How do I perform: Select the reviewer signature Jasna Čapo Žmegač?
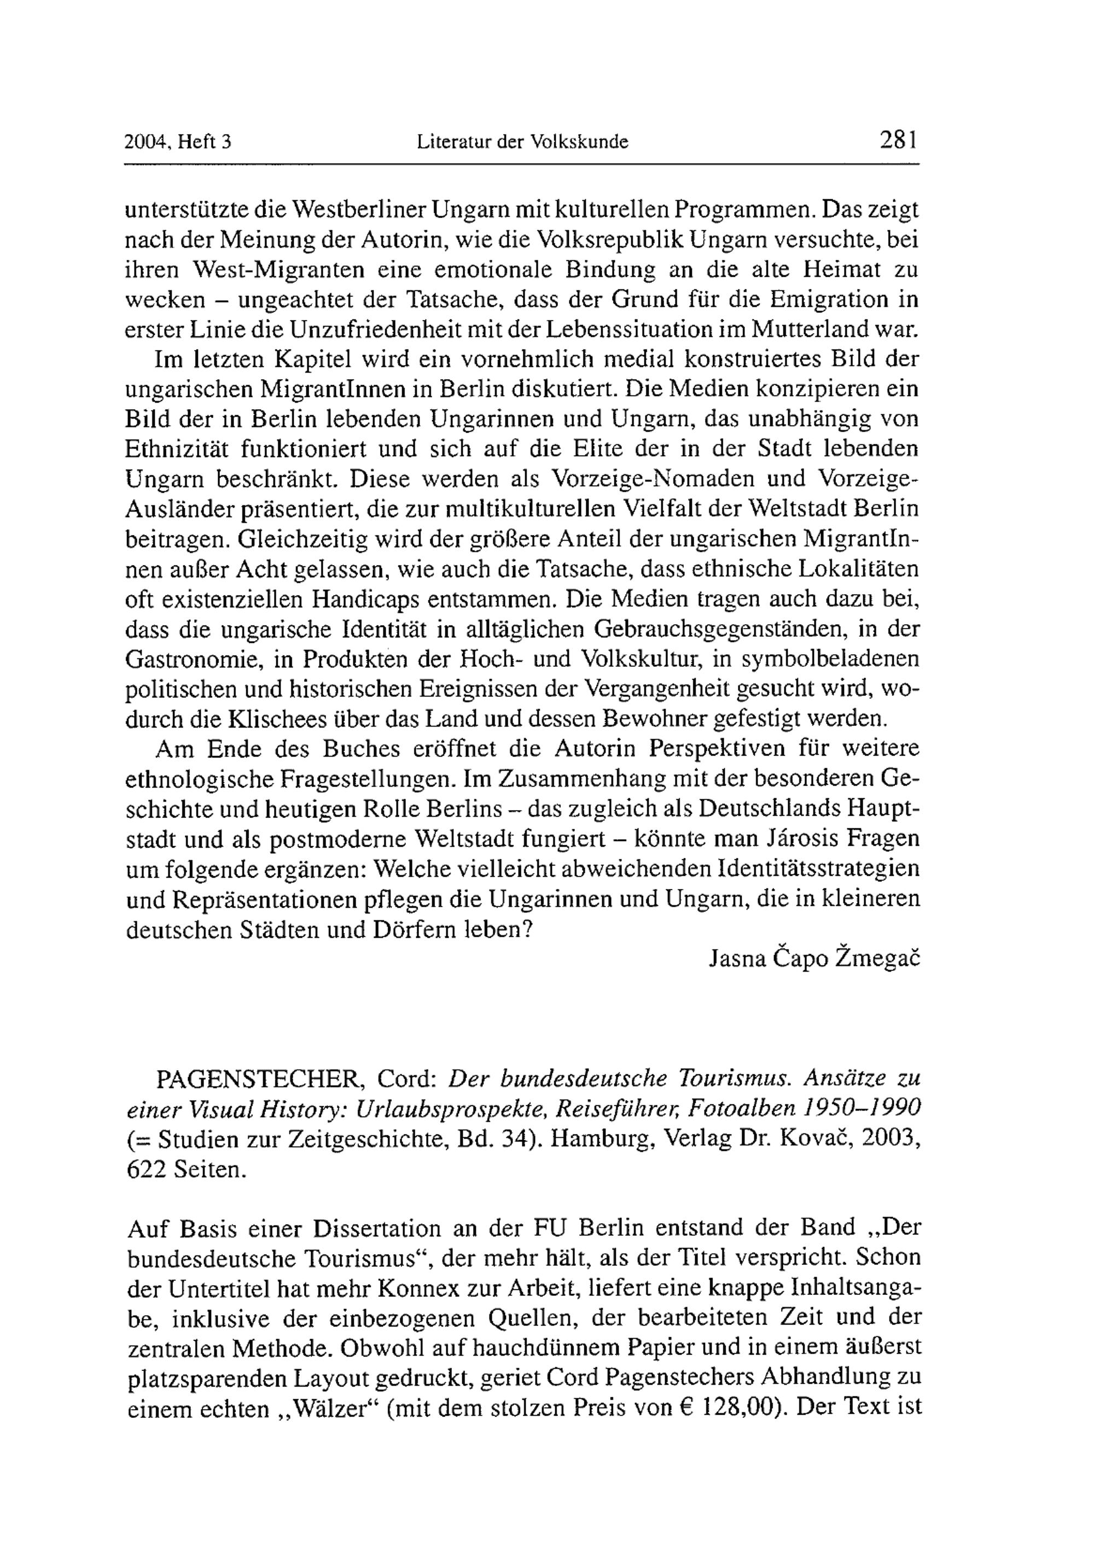[x=814, y=958]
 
